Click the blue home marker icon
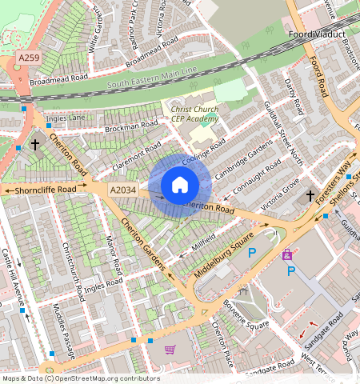click(180, 186)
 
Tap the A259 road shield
click(28, 59)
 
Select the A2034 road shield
click(122, 190)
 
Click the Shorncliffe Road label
click(45, 190)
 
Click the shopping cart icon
click(170, 350)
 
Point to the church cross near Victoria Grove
click(310, 195)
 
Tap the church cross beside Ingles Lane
click(34, 145)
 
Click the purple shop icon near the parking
click(286, 254)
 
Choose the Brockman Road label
click(133, 126)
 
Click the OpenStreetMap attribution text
click(81, 378)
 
